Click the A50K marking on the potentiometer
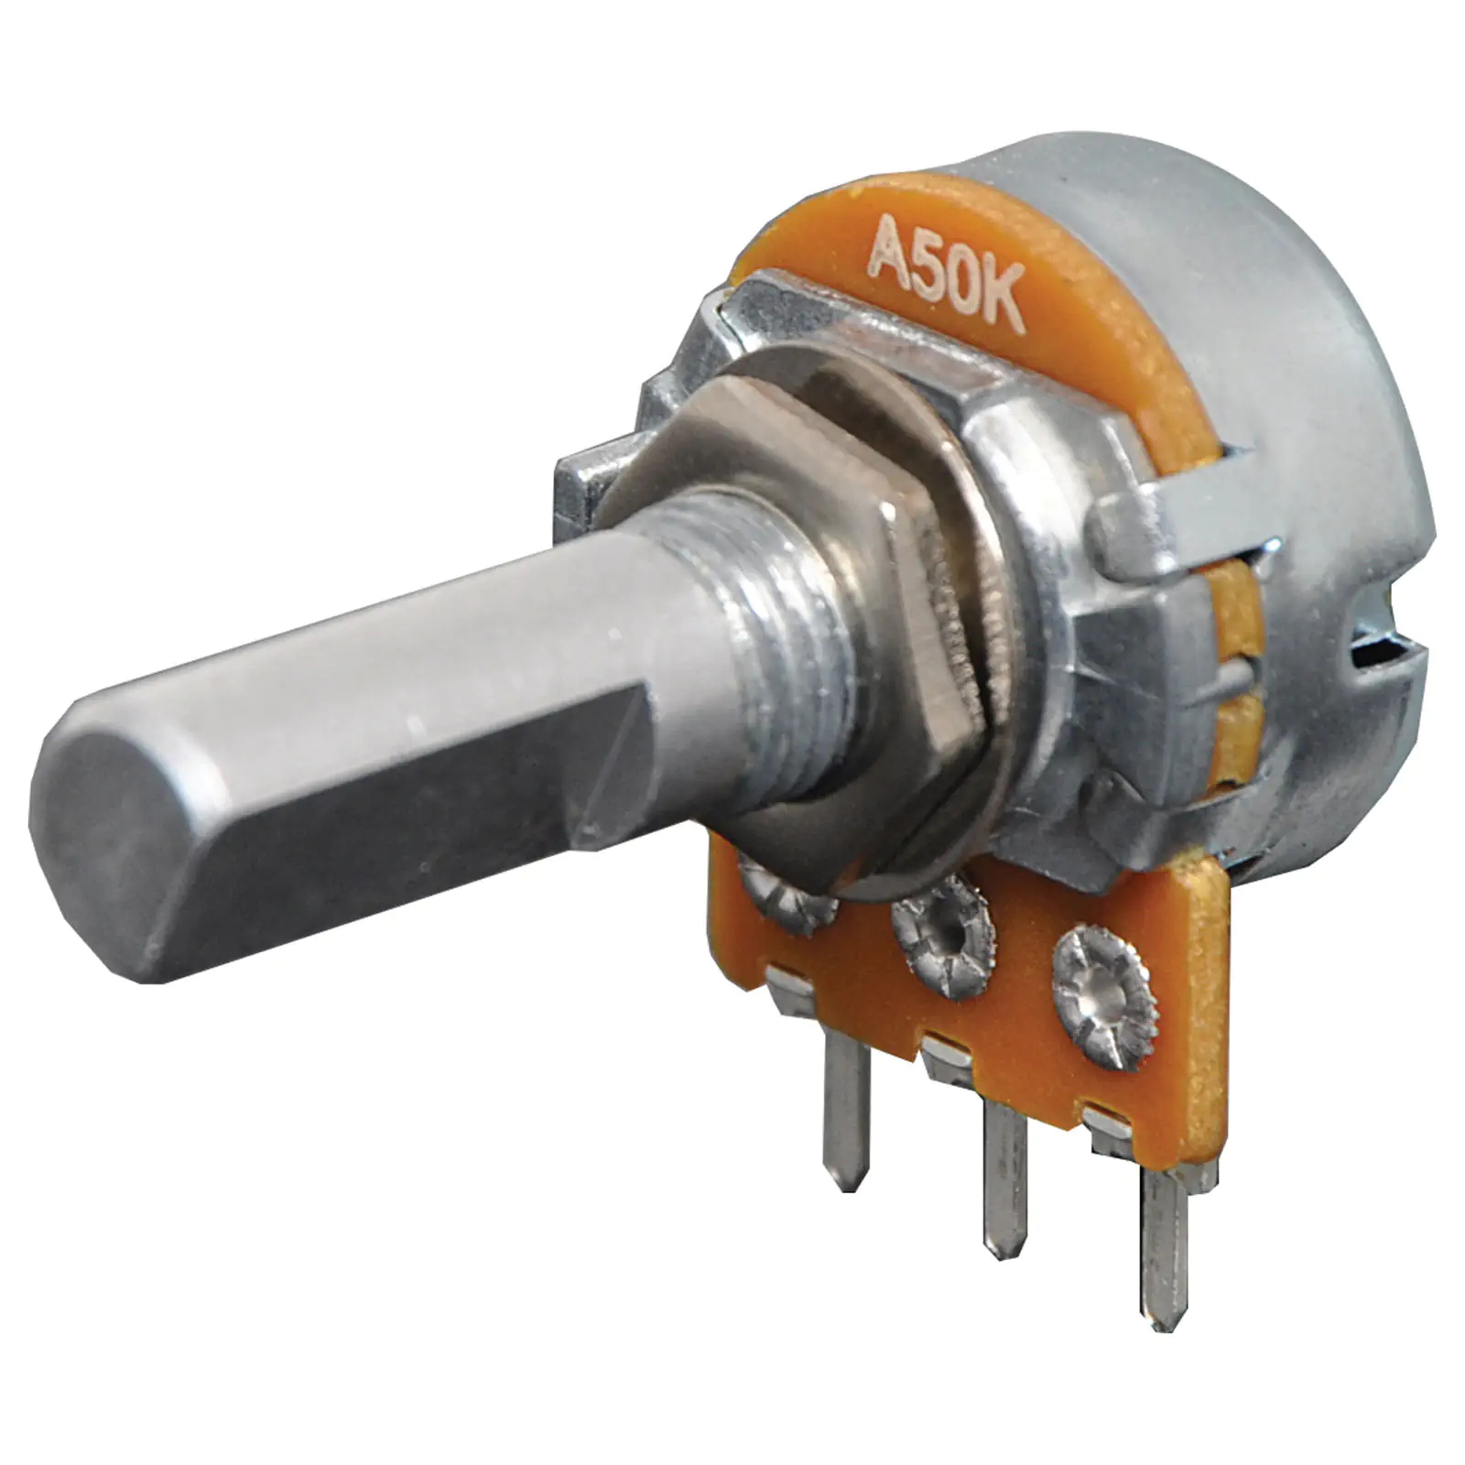click(x=945, y=274)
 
